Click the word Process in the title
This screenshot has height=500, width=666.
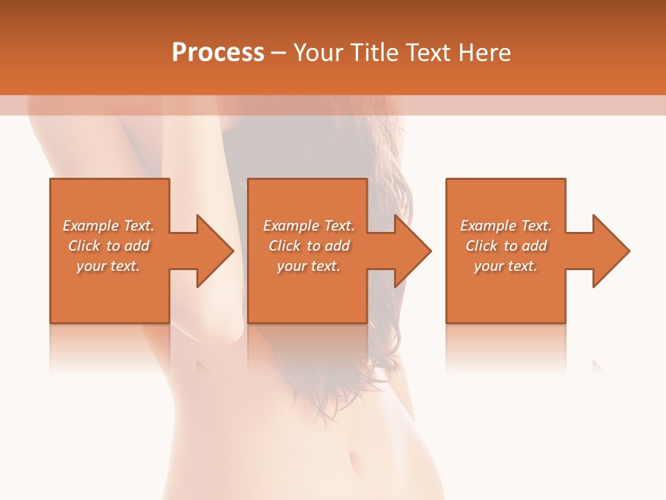218,53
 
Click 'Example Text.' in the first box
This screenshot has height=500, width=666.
108,226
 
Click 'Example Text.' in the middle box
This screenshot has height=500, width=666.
309,226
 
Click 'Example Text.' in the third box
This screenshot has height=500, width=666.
506,226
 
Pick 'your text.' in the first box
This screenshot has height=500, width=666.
108,266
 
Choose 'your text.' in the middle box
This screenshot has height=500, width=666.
309,266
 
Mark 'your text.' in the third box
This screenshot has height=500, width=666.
506,266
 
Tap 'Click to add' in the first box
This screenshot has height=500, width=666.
108,246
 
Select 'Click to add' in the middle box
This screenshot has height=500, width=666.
309,246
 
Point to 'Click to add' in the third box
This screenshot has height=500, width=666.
506,246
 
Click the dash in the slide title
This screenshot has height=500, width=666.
279,53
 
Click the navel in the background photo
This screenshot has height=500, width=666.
356,461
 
